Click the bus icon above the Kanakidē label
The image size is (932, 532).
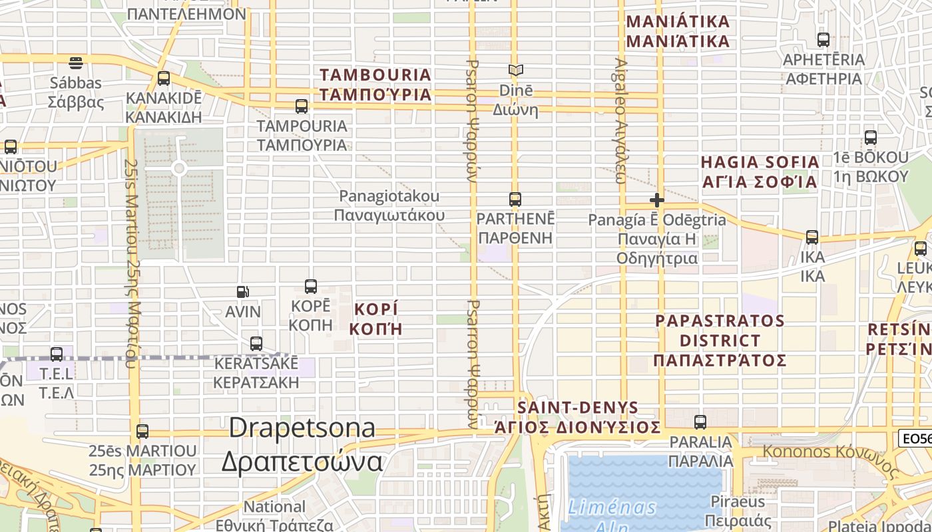(x=163, y=78)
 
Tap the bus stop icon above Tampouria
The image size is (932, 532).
(x=302, y=106)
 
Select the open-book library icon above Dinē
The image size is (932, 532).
(x=515, y=70)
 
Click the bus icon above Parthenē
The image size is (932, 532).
(x=515, y=199)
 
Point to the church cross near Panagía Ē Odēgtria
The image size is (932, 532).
(x=657, y=199)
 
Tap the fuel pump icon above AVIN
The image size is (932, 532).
(x=243, y=291)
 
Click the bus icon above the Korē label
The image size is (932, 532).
(x=310, y=287)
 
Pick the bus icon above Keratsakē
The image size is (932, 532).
(x=256, y=344)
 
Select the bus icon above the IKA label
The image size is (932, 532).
(x=812, y=237)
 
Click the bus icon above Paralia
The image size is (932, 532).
(x=700, y=422)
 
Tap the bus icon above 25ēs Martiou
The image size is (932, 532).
(x=142, y=431)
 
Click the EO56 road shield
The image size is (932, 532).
(x=914, y=438)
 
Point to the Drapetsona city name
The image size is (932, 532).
(x=302, y=444)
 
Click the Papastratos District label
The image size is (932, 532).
(x=720, y=340)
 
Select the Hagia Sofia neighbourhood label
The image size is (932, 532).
(x=760, y=172)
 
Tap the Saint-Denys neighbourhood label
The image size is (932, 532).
(x=578, y=417)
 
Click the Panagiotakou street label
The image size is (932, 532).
(x=389, y=205)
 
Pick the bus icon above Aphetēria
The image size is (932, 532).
(x=823, y=40)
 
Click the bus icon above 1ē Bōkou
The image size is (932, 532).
(x=870, y=138)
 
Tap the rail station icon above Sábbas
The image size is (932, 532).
(x=76, y=63)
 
